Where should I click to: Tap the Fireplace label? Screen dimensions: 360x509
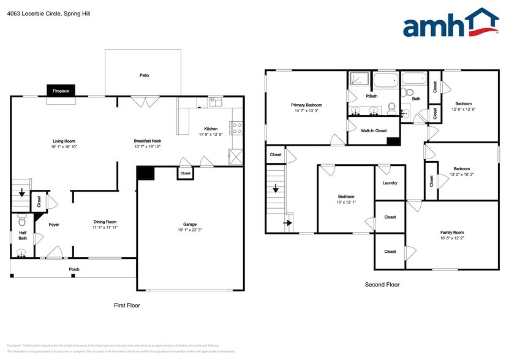61,91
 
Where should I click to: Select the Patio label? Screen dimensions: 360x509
144,75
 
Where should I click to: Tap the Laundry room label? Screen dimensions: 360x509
390,183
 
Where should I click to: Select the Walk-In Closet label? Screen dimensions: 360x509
373,130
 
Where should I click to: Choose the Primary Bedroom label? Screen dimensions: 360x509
306,105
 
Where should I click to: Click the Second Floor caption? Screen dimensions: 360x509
382,284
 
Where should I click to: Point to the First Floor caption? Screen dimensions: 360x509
127,305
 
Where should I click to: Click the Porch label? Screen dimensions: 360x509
74,269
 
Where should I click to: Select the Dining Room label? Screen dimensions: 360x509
105,222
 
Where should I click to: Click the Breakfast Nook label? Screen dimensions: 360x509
147,141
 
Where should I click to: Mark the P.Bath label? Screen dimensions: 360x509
371,96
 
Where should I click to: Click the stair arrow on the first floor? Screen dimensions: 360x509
22,194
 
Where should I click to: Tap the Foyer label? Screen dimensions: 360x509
54,224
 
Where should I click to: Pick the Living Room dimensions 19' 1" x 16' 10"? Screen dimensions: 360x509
64,147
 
